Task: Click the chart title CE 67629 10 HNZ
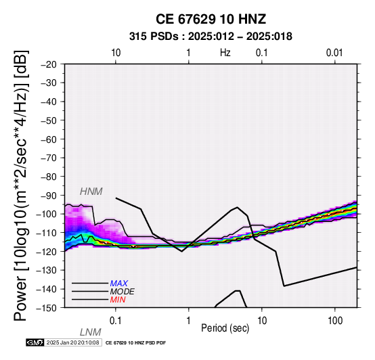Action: pyautogui.click(x=211, y=19)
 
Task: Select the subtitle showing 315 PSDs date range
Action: pyautogui.click(x=211, y=37)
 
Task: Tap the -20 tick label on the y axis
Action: pyautogui.click(x=49, y=64)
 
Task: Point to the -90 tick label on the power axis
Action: pyautogui.click(x=49, y=196)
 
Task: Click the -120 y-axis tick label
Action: pyautogui.click(x=47, y=252)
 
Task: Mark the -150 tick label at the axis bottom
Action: pyautogui.click(x=47, y=308)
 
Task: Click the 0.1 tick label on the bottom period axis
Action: pyautogui.click(x=116, y=321)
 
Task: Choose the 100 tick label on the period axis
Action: pyautogui.click(x=335, y=321)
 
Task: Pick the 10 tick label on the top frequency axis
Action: pyautogui.click(x=116, y=53)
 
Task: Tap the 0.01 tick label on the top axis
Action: pyautogui.click(x=334, y=53)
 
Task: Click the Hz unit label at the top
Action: pyautogui.click(x=225, y=53)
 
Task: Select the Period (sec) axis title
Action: pyautogui.click(x=225, y=328)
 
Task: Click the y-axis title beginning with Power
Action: pyautogui.click(x=20, y=185)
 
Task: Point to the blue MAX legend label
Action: pyautogui.click(x=119, y=284)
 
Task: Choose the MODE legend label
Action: pyautogui.click(x=123, y=292)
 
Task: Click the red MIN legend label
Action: pyautogui.click(x=118, y=300)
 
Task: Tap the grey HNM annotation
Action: pyautogui.click(x=91, y=192)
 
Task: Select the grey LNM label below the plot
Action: pyautogui.click(x=91, y=332)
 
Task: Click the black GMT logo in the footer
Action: pyautogui.click(x=35, y=342)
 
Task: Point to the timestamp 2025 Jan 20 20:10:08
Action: pyautogui.click(x=72, y=342)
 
